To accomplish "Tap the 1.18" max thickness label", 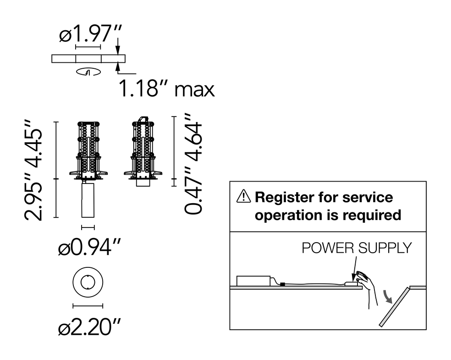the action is click(x=166, y=89).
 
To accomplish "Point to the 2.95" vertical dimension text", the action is click(x=33, y=196).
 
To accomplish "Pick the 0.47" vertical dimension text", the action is click(x=193, y=190).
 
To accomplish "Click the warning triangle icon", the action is click(x=243, y=196).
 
